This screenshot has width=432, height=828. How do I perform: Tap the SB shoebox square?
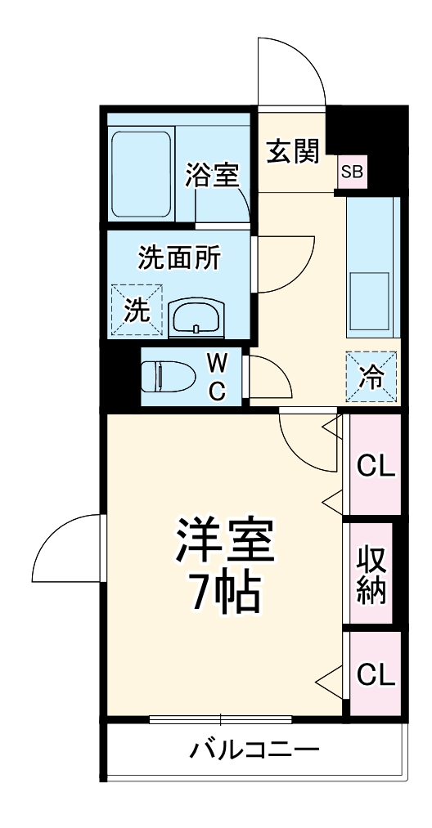coord(353,172)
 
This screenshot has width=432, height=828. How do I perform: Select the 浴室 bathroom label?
coord(212,175)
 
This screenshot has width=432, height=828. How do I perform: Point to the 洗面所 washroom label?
coord(178,259)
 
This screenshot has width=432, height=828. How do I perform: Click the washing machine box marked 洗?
coord(137,309)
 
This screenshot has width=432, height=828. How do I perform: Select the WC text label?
coord(216,377)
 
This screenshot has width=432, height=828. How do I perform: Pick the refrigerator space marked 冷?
coord(371,377)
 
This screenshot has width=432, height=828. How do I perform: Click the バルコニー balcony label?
coord(254,749)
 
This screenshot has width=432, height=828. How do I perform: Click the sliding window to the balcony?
coord(221,719)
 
